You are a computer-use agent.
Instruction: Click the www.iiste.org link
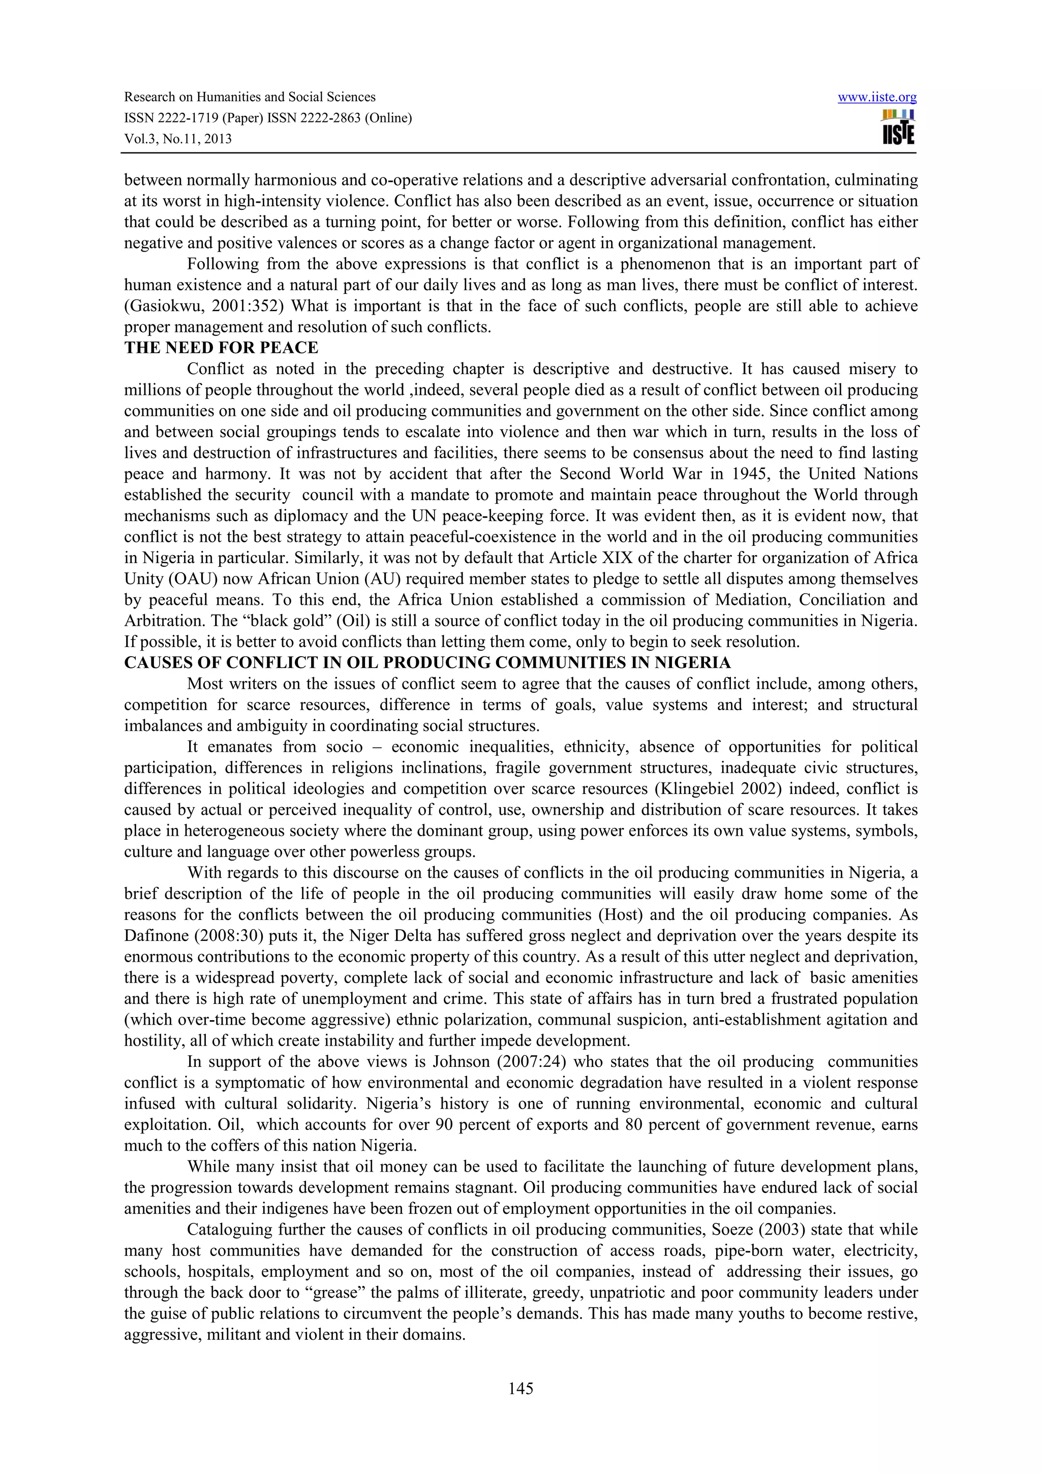[x=877, y=98]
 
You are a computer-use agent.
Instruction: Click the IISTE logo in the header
[x=898, y=127]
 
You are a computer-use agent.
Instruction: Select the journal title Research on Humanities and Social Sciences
[x=250, y=97]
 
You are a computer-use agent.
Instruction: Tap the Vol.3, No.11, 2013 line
[x=178, y=139]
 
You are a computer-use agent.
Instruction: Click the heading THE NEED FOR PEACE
[x=221, y=348]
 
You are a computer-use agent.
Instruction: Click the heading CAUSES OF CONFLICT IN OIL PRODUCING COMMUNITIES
[x=427, y=663]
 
